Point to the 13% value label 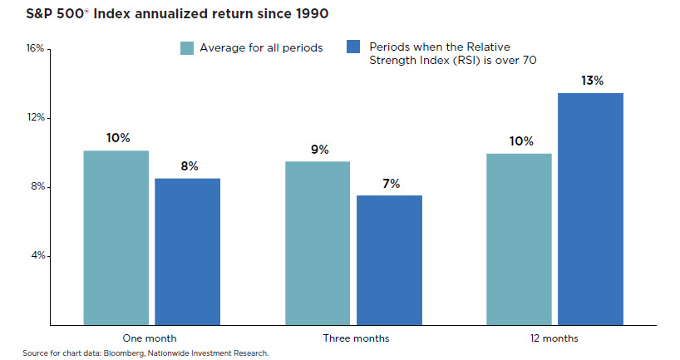click(591, 81)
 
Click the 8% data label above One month click(188, 166)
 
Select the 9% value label click(319, 150)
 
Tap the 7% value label click(390, 184)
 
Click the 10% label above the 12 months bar click(520, 141)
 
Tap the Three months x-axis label click(355, 338)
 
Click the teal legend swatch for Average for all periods click(187, 48)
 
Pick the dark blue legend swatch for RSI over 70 click(352, 48)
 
